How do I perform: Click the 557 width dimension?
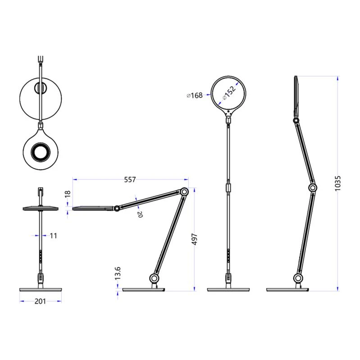pos(130,180)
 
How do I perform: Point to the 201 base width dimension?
pos(41,301)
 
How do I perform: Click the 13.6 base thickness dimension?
pos(118,273)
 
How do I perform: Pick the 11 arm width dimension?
pos(53,235)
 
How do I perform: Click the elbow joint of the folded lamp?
pos(184,192)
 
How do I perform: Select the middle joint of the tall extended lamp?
pos(313,188)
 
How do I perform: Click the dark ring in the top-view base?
pos(41,153)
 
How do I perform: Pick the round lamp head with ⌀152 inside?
pos(230,94)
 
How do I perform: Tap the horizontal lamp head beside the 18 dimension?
pos(92,208)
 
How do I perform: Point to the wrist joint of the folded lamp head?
pos(117,209)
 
